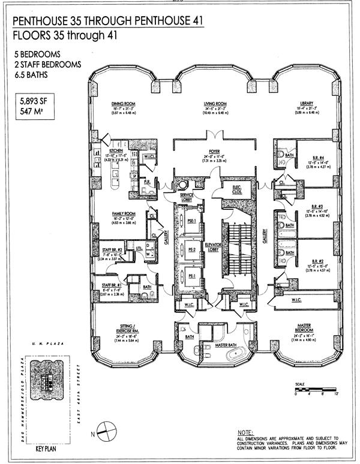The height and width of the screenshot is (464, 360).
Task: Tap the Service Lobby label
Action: [190, 197]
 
